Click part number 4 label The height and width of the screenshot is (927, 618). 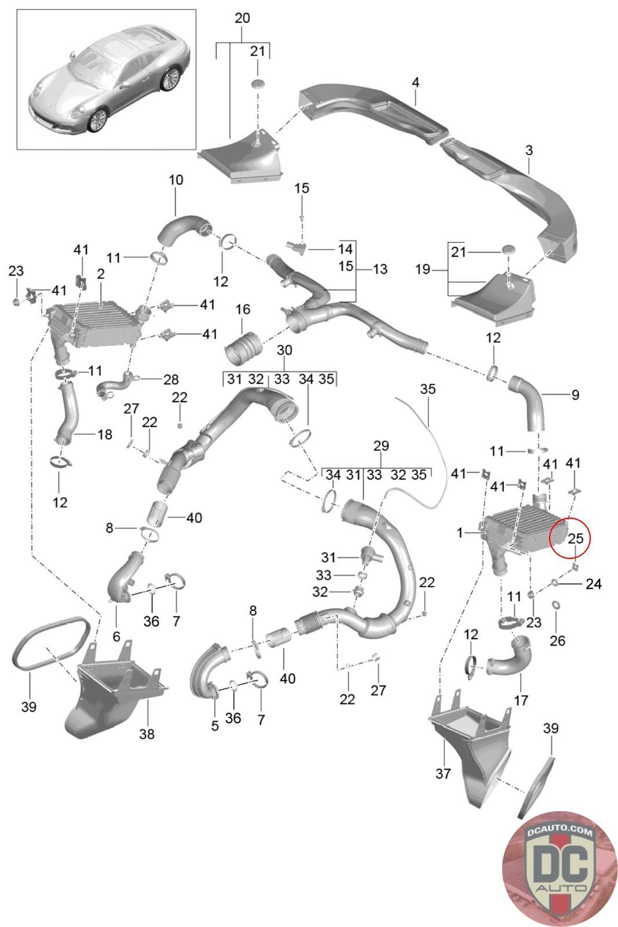(x=415, y=83)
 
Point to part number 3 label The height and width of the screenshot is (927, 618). (x=528, y=151)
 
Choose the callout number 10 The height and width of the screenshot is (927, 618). (x=175, y=180)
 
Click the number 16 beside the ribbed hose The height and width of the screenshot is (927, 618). (x=243, y=311)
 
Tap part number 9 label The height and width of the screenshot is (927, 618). (x=575, y=395)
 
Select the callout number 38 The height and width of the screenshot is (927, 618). (x=147, y=733)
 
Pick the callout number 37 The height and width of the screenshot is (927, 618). (x=443, y=773)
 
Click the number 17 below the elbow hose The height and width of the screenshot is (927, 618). (x=521, y=700)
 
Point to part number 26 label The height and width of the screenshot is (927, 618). (x=557, y=640)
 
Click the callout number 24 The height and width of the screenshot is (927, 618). (x=593, y=584)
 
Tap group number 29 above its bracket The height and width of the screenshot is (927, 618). (x=381, y=446)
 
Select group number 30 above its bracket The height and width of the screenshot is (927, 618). (x=284, y=350)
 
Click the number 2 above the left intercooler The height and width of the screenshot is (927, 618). (x=101, y=273)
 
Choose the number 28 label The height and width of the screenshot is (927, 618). (x=171, y=379)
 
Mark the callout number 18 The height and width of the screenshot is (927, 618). (x=104, y=434)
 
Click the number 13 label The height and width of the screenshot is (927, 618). (x=380, y=269)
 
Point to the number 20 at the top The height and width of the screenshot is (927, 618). (x=242, y=19)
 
